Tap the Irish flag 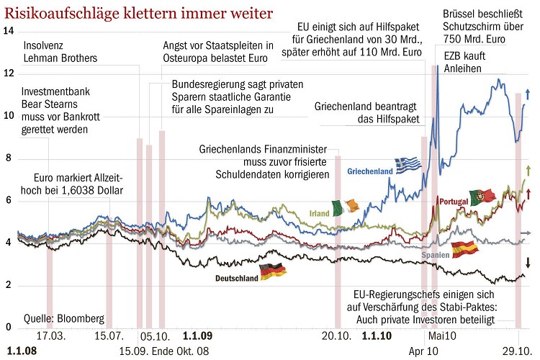point(344,209)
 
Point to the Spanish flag point(464,250)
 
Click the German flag point(273,272)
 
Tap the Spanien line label point(435,256)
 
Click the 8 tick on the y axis point(8,158)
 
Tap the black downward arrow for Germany point(528,263)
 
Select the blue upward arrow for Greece point(528,93)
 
